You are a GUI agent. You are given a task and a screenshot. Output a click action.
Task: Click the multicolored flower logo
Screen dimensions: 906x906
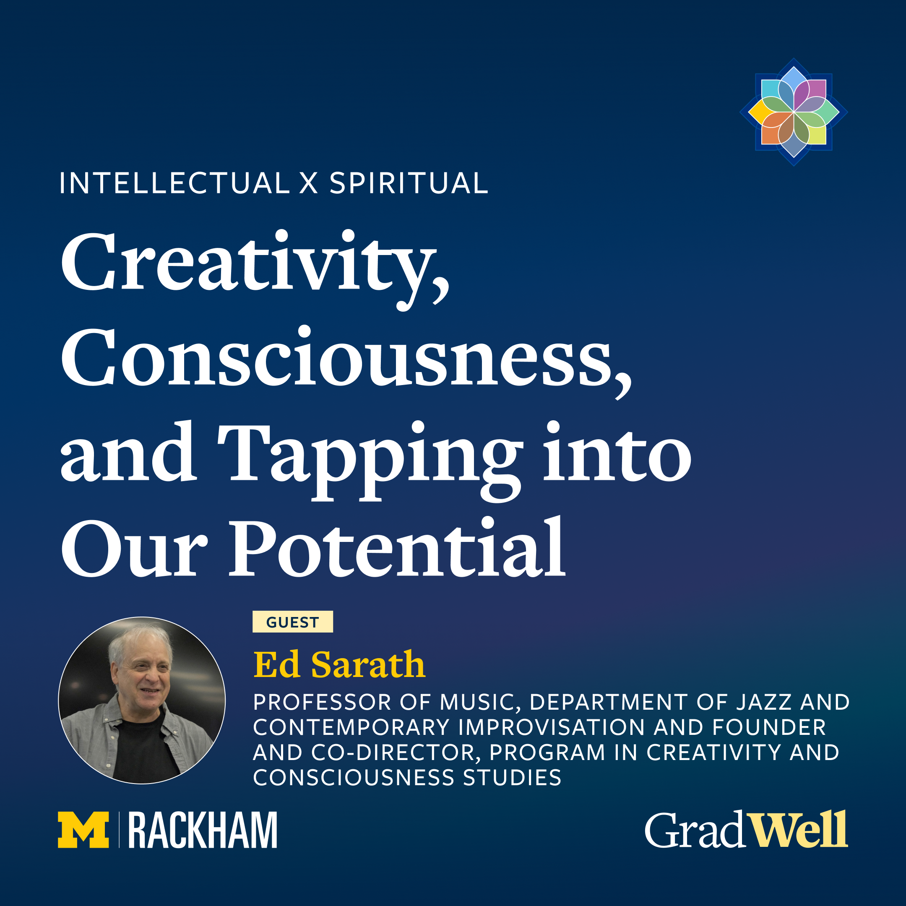pyautogui.click(x=794, y=112)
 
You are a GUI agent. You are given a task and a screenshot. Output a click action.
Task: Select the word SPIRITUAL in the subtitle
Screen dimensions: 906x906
pyautogui.click(x=409, y=183)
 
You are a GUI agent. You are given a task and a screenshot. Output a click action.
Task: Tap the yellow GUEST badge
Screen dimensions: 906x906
pyautogui.click(x=293, y=622)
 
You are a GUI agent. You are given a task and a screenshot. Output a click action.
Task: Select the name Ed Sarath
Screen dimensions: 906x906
pyautogui.click(x=339, y=664)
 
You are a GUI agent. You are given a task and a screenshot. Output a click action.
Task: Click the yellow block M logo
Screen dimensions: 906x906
pyautogui.click(x=83, y=830)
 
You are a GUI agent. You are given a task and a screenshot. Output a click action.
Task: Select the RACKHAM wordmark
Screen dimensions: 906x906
pyautogui.click(x=203, y=830)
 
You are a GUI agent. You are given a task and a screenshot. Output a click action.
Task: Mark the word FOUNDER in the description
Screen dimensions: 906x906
pyautogui.click(x=769, y=727)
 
